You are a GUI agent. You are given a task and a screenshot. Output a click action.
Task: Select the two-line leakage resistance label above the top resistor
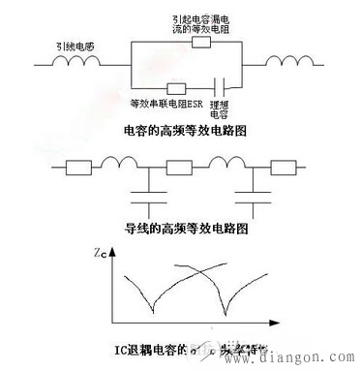198,23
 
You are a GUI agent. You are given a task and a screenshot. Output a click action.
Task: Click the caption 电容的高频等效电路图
182,129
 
